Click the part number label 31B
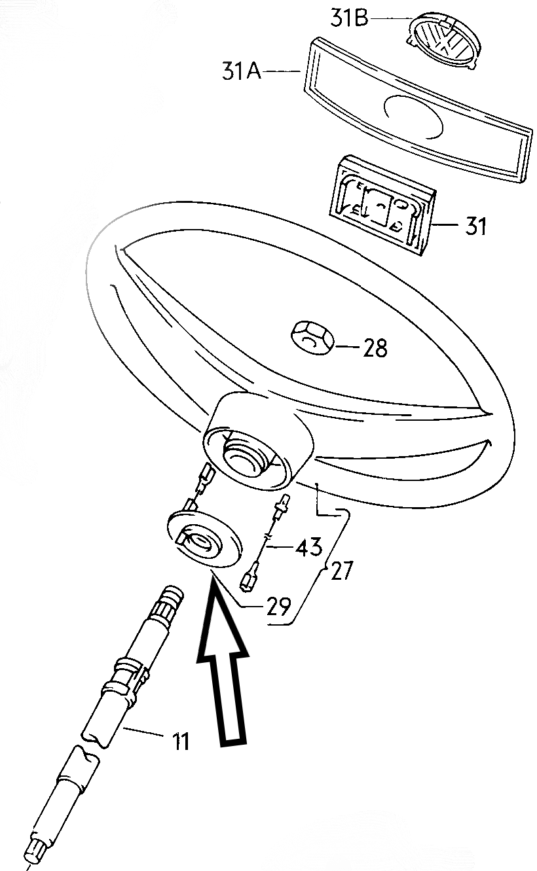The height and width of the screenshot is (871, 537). coord(349,19)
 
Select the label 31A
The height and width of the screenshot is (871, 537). coord(241,71)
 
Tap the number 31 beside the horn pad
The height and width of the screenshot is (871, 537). coord(475,226)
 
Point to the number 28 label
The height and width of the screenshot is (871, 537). coord(375,348)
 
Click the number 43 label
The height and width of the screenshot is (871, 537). coord(309,546)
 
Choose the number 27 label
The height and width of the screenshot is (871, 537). coord(341,571)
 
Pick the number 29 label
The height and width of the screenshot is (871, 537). coord(278,606)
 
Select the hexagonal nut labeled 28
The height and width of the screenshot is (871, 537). coord(313,338)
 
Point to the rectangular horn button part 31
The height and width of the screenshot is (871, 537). coord(383,205)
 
